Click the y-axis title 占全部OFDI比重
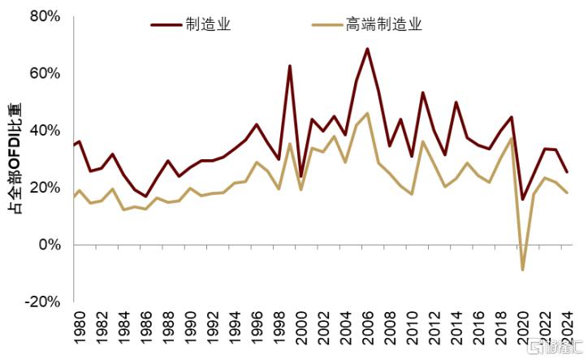tap(15, 158)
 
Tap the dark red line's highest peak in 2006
tap(368, 49)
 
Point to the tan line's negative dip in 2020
tap(523, 269)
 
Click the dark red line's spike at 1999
tap(290, 66)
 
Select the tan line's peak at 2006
tap(368, 113)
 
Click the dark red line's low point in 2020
tap(523, 199)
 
